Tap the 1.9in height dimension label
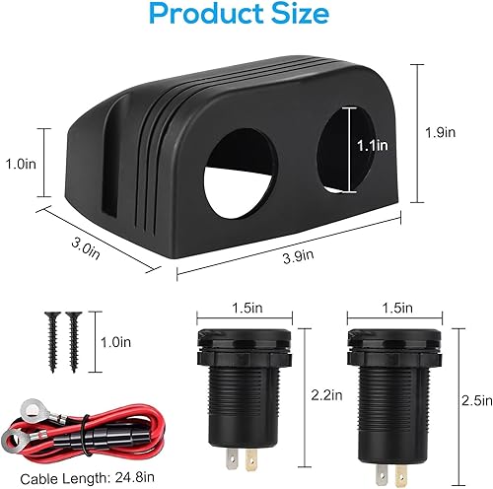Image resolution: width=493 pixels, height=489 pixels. click(445, 130)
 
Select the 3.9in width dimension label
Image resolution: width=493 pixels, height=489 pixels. click(293, 256)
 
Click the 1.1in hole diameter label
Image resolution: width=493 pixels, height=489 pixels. click(372, 144)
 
